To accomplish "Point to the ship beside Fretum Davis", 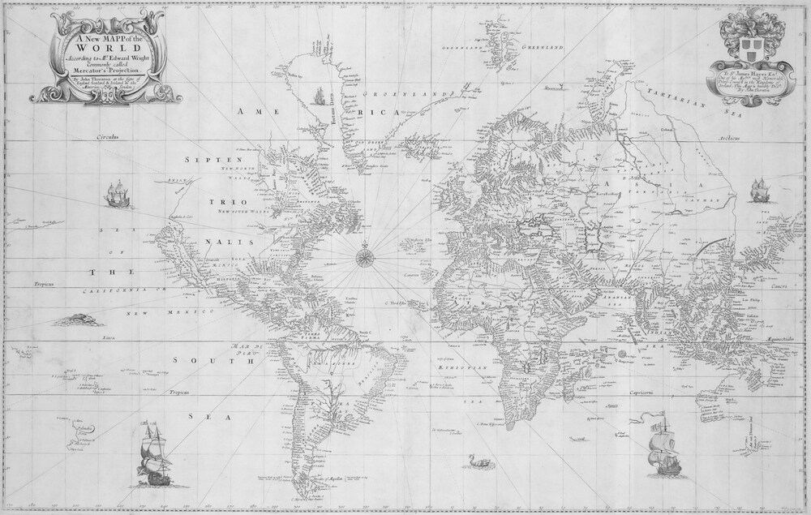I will tap(320, 98).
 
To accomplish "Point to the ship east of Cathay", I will tap(757, 191).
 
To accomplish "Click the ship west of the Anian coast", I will tap(116, 195).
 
